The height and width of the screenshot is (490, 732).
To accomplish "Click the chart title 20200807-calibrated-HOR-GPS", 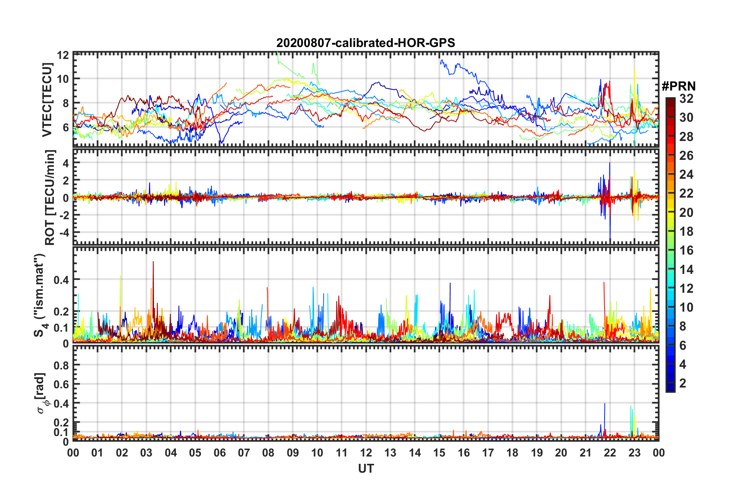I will tap(366, 43).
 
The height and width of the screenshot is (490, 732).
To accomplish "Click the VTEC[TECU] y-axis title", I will tap(47, 100).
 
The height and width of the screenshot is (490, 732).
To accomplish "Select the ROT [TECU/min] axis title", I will tap(50, 197).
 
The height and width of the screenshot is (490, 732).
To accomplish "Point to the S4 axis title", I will tap(41, 295).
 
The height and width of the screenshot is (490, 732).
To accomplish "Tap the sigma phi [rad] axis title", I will tap(42, 393).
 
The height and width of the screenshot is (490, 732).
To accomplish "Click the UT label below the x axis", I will tap(366, 468).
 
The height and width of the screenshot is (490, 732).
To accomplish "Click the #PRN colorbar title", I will tap(679, 86).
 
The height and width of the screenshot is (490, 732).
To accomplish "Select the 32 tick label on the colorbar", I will tap(686, 99).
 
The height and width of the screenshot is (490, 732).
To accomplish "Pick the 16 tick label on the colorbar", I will tap(686, 250).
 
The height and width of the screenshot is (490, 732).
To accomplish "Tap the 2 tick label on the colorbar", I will tap(683, 383).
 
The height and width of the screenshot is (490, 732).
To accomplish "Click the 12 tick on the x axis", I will tap(366, 453).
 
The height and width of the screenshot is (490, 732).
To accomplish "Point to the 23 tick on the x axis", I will tap(634, 453).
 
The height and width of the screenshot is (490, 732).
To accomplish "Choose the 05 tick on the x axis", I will tap(195, 453).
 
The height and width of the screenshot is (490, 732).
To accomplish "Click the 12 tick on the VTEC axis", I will tap(63, 55).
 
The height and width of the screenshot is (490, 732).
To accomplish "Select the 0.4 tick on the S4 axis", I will tap(61, 280).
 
